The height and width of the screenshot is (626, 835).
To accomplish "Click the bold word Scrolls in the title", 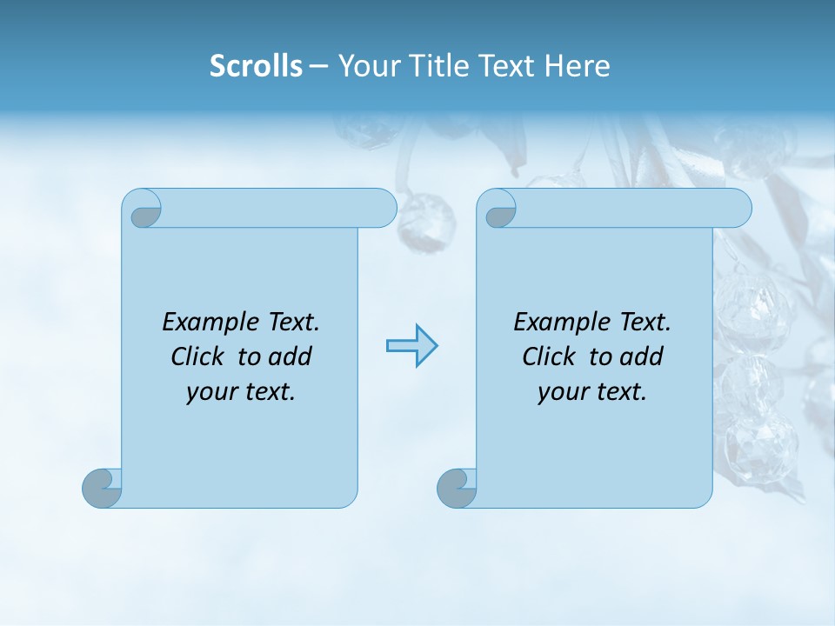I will (x=256, y=66).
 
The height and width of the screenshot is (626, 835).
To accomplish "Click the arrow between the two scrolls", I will (x=411, y=345).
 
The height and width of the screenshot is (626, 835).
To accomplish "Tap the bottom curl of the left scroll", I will (x=102, y=488).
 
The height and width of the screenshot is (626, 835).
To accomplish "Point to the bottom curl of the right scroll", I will (x=457, y=488).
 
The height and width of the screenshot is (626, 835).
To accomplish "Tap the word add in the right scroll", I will (x=641, y=357).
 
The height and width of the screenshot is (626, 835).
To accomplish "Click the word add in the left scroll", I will (x=290, y=357).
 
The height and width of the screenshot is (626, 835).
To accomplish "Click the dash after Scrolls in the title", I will (x=318, y=67).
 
